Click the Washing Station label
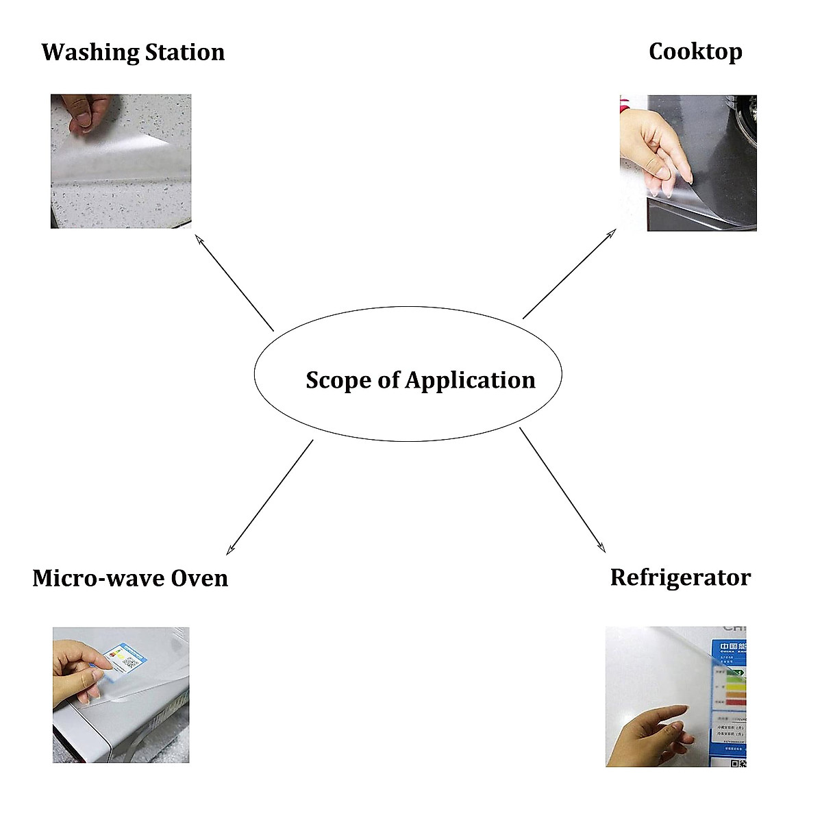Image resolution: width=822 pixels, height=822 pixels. pos(133,52)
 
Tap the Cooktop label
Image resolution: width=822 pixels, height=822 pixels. pos(695,51)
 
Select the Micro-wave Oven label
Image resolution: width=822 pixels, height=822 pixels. pos(130,578)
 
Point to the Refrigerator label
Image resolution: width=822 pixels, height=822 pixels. pos(680,577)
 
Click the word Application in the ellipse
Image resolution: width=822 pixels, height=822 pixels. pos(470,381)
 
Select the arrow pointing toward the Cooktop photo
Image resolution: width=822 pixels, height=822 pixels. pos(569,274)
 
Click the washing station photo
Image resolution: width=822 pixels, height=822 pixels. pos(121,162)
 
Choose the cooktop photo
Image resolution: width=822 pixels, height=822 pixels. pos(688,163)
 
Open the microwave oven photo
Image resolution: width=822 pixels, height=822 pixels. pos(121,695)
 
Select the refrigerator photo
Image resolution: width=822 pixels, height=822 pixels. pos(675,696)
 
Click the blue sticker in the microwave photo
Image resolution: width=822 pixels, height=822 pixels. pos(124,658)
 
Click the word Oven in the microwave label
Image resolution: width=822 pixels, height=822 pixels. pos(199,578)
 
